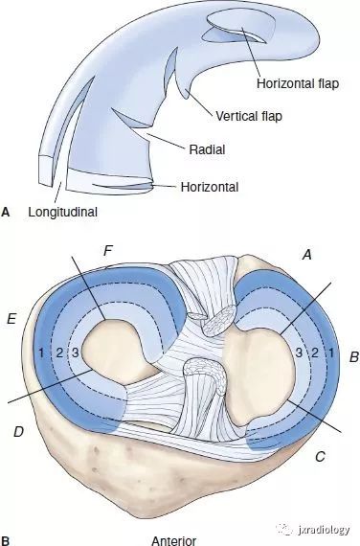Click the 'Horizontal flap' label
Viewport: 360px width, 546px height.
click(x=298, y=83)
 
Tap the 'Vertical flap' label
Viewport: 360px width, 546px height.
click(x=249, y=116)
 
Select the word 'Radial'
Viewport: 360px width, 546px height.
click(x=207, y=149)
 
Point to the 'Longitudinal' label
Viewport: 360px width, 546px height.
click(x=62, y=212)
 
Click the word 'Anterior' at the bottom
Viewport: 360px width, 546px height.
click(x=174, y=540)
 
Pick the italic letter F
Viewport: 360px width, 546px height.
click(x=109, y=251)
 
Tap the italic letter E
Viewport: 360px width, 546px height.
click(x=11, y=319)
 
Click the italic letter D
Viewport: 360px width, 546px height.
click(x=18, y=432)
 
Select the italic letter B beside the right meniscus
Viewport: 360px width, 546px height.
click(x=353, y=357)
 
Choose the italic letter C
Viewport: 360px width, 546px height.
click(x=320, y=456)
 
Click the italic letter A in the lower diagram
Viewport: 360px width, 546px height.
click(x=306, y=255)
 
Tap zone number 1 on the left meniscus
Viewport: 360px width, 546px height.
click(x=41, y=353)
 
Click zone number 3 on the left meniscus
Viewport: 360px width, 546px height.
click(x=75, y=353)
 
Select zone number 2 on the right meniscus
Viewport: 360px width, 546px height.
click(x=315, y=353)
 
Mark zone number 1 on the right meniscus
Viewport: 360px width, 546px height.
click(x=331, y=353)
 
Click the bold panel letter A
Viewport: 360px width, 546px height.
click(x=5, y=212)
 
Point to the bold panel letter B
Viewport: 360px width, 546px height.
click(x=5, y=541)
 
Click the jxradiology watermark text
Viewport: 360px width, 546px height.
click(x=324, y=530)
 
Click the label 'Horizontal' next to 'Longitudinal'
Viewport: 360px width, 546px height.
click(x=210, y=187)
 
